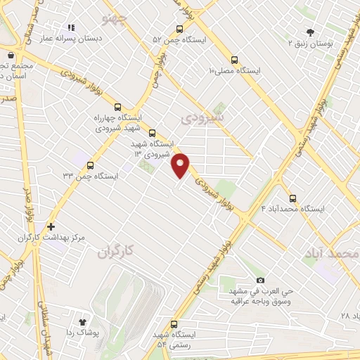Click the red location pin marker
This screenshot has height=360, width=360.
181,165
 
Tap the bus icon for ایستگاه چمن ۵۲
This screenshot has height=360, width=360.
179,30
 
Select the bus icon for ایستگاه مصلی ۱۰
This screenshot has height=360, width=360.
234,60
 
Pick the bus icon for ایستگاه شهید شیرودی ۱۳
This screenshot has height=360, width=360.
152,132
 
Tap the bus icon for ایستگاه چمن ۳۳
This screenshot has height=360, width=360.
90,165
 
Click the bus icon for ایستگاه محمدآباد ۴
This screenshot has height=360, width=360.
292,198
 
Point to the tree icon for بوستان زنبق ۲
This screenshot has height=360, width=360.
310,32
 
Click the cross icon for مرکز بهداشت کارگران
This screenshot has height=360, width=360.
51,226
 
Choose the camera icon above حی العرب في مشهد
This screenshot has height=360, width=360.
260,280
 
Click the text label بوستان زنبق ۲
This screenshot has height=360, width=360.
310,44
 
